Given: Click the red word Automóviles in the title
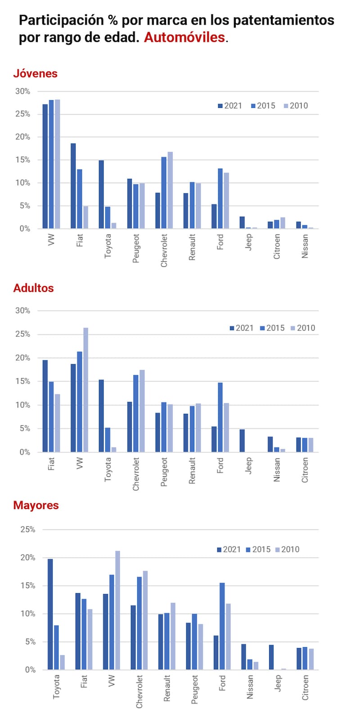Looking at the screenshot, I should pyautogui.click(x=184, y=37).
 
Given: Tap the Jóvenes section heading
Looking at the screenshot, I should pyautogui.click(x=36, y=73).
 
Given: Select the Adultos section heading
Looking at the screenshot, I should pyautogui.click(x=34, y=288).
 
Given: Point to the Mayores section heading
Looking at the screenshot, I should pyautogui.click(x=36, y=505).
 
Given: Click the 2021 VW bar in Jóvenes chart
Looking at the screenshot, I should pyautogui.click(x=45, y=166).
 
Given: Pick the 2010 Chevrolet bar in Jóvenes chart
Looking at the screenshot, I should pyautogui.click(x=170, y=190).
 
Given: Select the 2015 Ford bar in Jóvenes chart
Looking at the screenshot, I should pyautogui.click(x=220, y=198).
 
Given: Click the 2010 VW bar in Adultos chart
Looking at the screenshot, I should pyautogui.click(x=85, y=389).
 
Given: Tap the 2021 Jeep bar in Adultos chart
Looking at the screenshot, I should pyautogui.click(x=242, y=441).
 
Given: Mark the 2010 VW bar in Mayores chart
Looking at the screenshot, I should pyautogui.click(x=118, y=610).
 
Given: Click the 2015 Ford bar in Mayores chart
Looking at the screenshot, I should pyautogui.click(x=222, y=626).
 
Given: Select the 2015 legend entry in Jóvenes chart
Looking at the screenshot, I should pyautogui.click(x=263, y=106).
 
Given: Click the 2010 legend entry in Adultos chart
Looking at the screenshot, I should pyautogui.click(x=302, y=328).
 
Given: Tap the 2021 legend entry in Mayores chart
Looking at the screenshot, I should pyautogui.click(x=229, y=549).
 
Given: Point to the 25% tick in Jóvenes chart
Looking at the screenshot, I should pyautogui.click(x=23, y=114).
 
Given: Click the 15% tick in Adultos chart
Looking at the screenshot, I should pyautogui.click(x=23, y=381).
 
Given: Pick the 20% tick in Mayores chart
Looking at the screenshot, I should pyautogui.click(x=27, y=558).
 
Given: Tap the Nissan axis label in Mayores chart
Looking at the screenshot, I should pyautogui.click(x=250, y=686).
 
